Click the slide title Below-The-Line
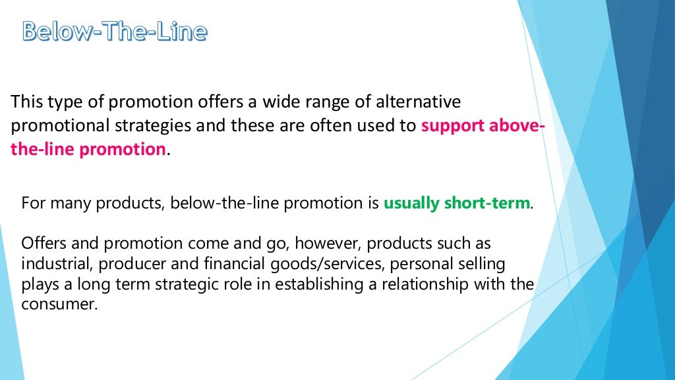115,31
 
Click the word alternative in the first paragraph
418,103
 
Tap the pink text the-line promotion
88,149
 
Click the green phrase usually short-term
457,203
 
